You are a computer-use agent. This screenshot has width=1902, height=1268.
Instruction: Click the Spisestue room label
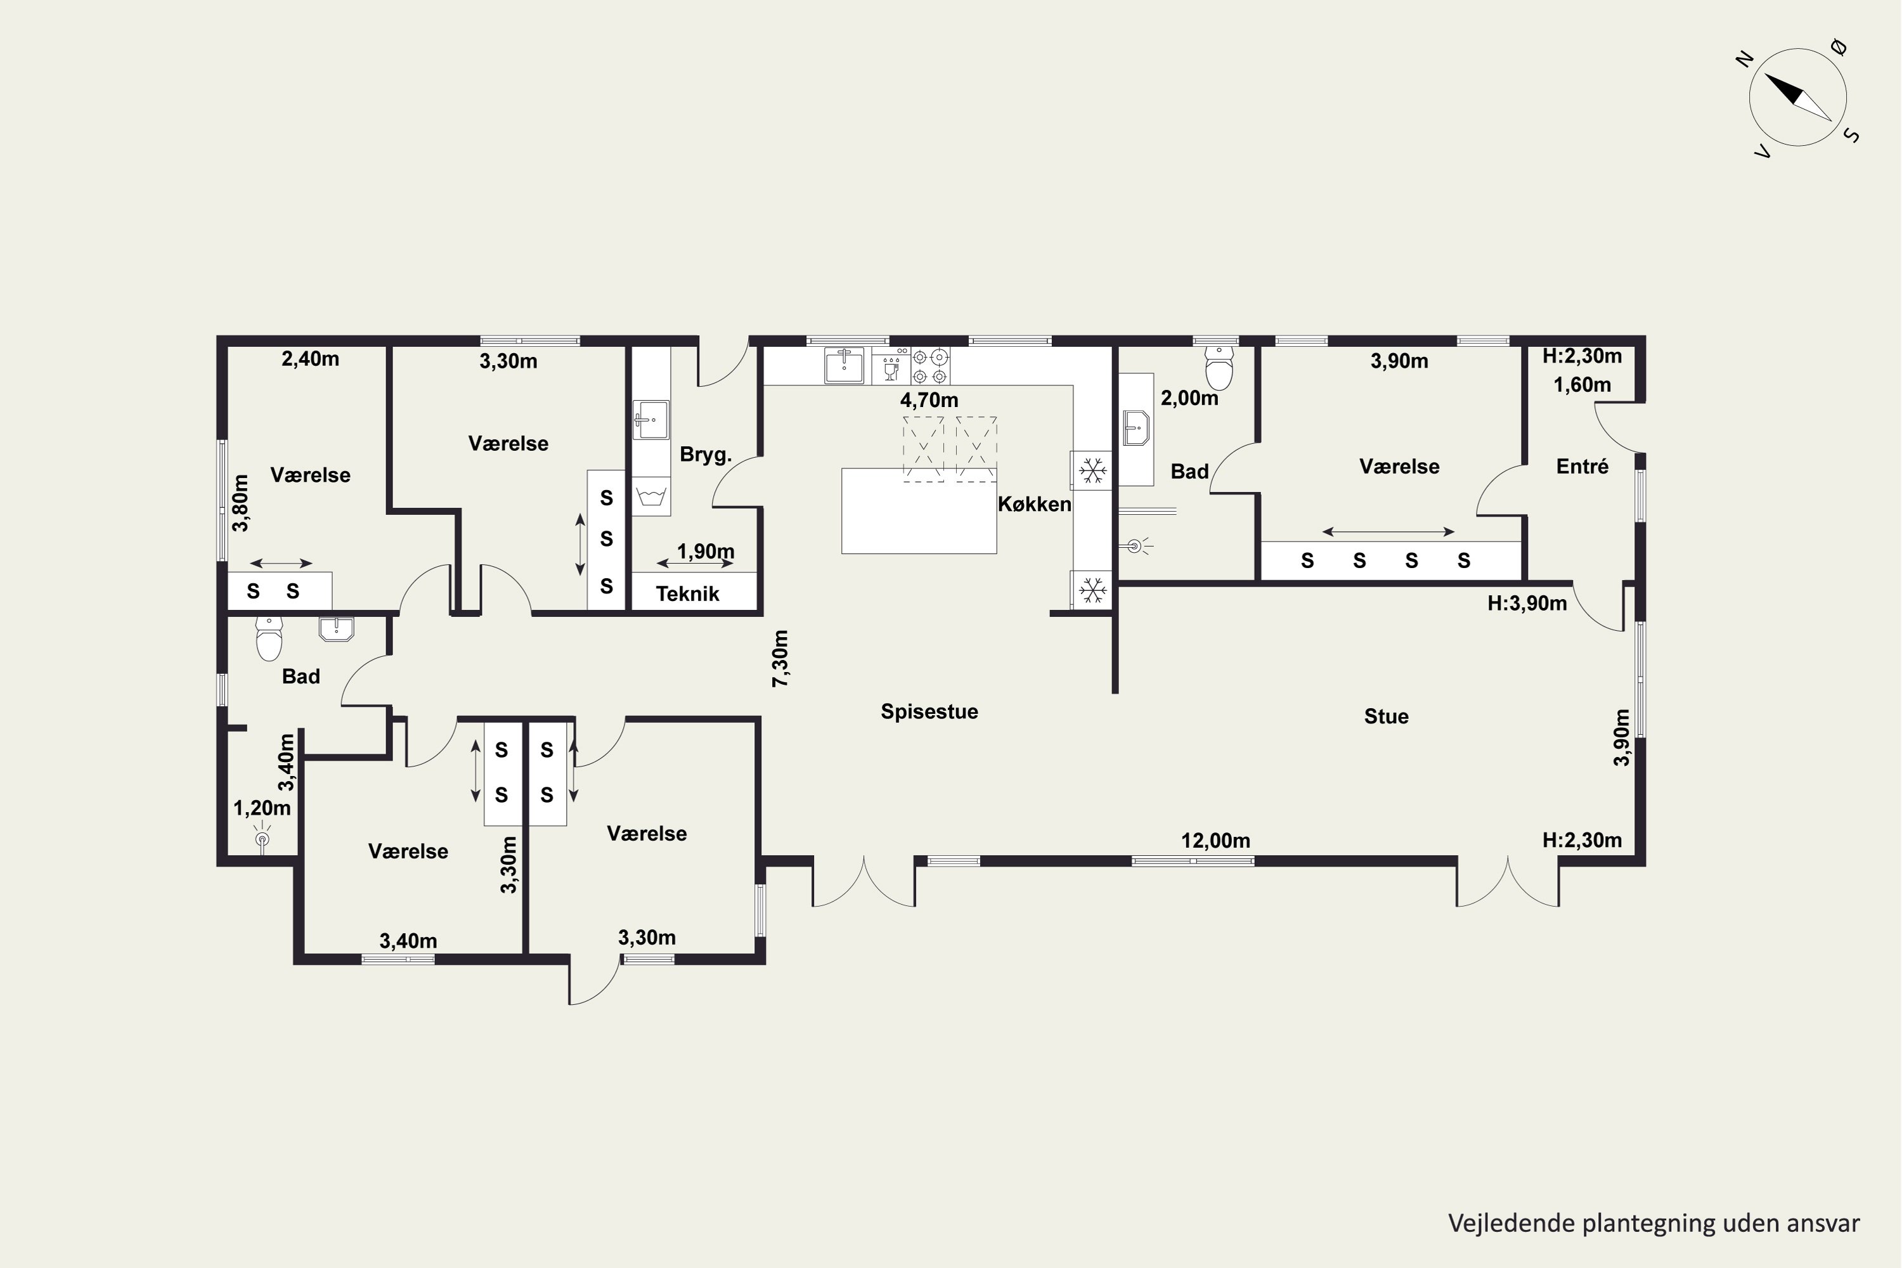tap(929, 711)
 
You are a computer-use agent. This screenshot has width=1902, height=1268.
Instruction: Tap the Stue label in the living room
tap(1386, 716)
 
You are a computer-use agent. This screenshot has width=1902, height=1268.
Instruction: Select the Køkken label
tap(1034, 504)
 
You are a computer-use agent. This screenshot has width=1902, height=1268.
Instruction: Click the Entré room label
tap(1582, 466)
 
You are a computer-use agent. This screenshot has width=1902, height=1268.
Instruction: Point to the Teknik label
tap(687, 593)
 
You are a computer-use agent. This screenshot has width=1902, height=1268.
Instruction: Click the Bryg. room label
tap(705, 455)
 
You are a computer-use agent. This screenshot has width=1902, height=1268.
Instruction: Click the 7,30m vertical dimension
tap(780, 658)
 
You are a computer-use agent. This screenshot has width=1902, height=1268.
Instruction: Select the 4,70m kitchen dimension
tap(929, 399)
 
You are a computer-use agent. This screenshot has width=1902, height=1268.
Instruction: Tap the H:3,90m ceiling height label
tap(1527, 604)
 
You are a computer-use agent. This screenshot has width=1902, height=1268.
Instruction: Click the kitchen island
tap(919, 511)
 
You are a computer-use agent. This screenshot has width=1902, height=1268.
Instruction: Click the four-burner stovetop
tap(930, 366)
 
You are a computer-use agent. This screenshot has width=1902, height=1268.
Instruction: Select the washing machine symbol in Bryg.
tap(651, 496)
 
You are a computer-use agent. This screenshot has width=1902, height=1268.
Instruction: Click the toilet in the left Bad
tap(269, 639)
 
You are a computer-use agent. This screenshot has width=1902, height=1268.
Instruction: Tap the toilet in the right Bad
tap(1219, 368)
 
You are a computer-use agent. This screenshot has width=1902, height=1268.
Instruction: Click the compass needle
tap(1797, 98)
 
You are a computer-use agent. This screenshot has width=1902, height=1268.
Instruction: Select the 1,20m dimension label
tap(262, 808)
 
